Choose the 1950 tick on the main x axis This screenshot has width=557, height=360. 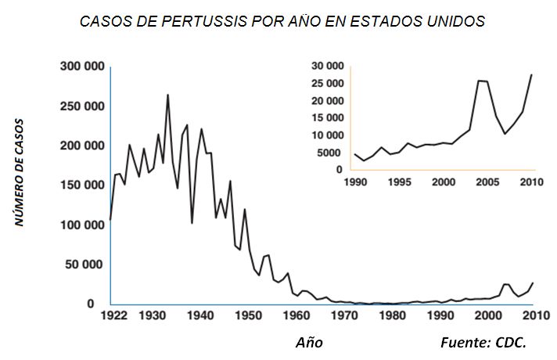(x=245, y=316)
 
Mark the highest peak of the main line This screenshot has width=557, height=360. (x=167, y=95)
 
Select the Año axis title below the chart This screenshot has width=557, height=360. (x=309, y=343)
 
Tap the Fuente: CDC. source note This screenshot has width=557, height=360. (x=483, y=343)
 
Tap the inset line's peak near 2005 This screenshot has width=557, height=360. (x=479, y=81)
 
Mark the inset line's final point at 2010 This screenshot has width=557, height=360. (x=532, y=74)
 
